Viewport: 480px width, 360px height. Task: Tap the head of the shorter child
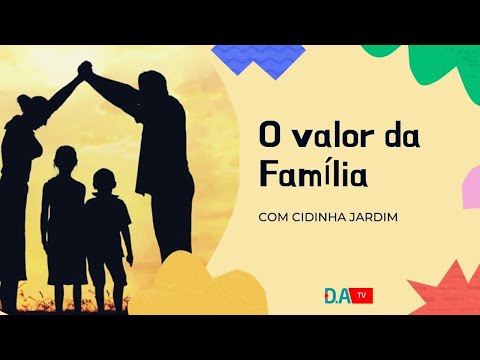click(104, 180)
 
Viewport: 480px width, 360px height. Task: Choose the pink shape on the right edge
click(470, 190)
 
